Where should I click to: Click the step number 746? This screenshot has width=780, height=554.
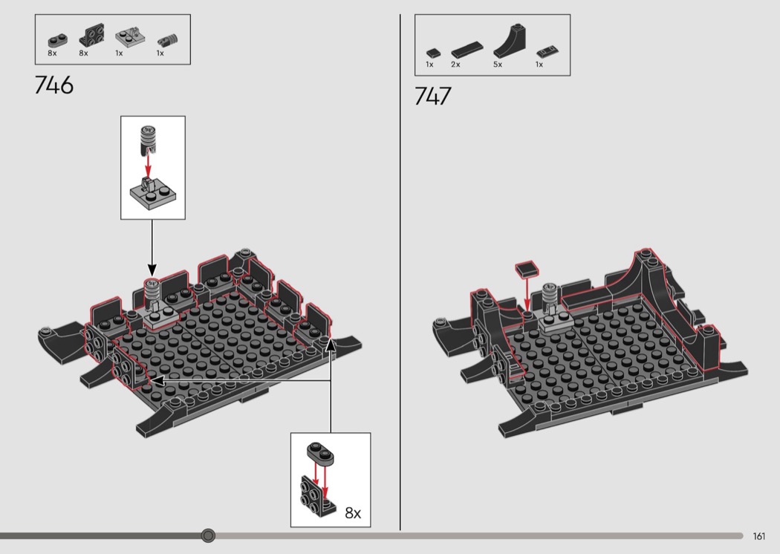(53, 85)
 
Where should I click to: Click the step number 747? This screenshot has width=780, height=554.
(433, 96)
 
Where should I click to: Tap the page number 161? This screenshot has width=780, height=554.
(758, 536)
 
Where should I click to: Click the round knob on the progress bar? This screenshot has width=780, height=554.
(209, 535)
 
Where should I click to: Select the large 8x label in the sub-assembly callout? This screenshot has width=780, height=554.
(353, 512)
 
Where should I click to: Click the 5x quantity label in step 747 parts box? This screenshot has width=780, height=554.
(498, 65)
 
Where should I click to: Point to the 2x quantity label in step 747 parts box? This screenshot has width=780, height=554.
(455, 65)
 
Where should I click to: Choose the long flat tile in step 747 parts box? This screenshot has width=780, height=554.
(467, 49)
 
